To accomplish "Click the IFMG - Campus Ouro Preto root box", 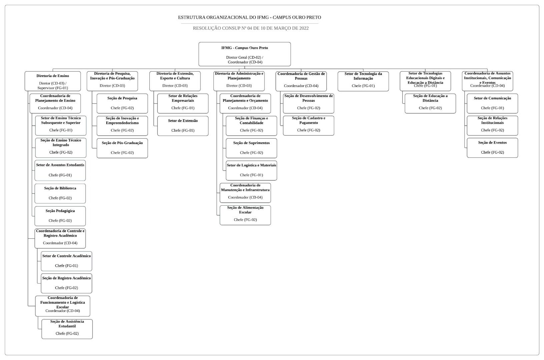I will coord(244,54).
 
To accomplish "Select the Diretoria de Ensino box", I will coord(53,81).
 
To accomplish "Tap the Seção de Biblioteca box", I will coord(60,193).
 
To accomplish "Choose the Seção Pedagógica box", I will coord(60,216).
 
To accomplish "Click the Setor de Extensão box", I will coord(183,126).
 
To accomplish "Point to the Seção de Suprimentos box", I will coord(251,148).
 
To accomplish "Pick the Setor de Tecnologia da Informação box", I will coord(363,81).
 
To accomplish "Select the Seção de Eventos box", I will coord(492,148).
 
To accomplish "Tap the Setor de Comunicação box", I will coord(492,103).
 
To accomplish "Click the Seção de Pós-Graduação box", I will coord(122,148).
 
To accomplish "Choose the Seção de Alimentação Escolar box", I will coord(245,215).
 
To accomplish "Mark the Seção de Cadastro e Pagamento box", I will coord(309,126).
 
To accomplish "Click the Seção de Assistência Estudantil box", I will coord(67,329).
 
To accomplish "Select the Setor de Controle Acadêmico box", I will coord(66,261).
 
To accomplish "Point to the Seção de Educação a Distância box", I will coord(430,103).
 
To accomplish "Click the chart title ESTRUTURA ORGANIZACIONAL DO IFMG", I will coord(249,17).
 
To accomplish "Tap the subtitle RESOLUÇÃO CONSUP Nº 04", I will coord(250,28).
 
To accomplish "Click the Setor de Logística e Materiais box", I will coord(251,170).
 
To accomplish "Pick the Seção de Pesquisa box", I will coord(122,103).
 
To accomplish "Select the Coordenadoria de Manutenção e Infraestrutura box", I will coord(245,193).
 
